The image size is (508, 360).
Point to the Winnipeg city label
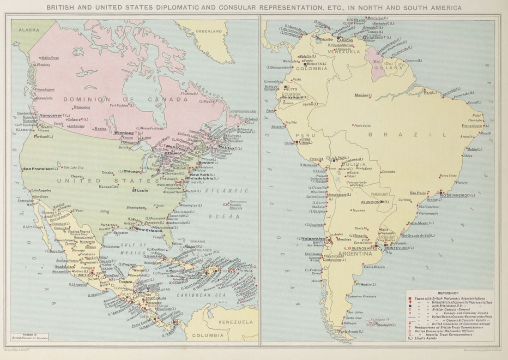coord(124,132)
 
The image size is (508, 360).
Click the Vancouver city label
coord(51,115)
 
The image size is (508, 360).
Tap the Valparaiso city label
coord(311,239)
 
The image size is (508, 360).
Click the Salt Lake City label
coord(73,168)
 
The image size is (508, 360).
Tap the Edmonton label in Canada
coord(82,107)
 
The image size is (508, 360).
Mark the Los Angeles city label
coord(42,191)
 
